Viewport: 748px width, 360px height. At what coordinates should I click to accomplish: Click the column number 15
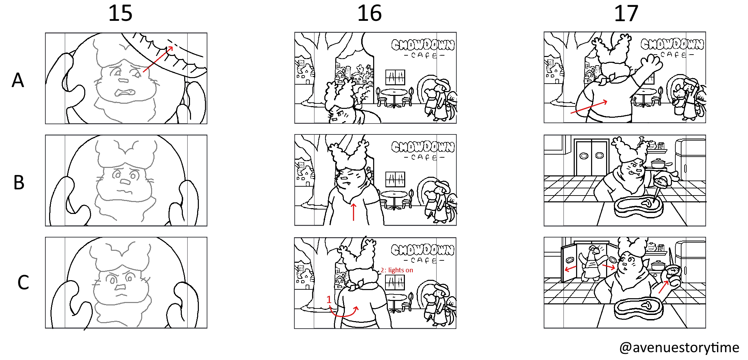click(x=120, y=14)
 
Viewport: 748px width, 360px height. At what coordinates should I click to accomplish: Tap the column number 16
click(x=369, y=14)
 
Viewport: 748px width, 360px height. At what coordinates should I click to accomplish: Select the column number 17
click(x=626, y=14)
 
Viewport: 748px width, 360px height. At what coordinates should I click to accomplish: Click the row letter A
click(x=18, y=80)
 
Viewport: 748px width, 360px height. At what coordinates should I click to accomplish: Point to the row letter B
click(x=19, y=183)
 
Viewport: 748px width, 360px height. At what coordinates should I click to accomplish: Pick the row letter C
click(x=23, y=283)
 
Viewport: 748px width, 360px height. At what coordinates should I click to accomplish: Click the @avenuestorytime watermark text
click(x=679, y=348)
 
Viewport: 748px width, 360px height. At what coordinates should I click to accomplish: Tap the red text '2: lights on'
click(x=397, y=270)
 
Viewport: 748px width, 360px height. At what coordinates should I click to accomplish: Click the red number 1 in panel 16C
click(x=329, y=300)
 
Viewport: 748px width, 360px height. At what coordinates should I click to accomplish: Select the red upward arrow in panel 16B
click(x=354, y=212)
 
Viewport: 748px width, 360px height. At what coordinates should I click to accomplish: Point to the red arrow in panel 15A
click(x=158, y=59)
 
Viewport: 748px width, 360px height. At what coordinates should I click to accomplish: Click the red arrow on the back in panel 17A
click(x=589, y=107)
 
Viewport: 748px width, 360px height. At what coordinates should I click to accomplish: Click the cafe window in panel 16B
click(x=395, y=179)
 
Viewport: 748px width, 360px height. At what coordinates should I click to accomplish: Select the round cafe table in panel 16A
click(x=394, y=97)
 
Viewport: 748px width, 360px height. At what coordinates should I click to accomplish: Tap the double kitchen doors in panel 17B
click(x=592, y=157)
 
